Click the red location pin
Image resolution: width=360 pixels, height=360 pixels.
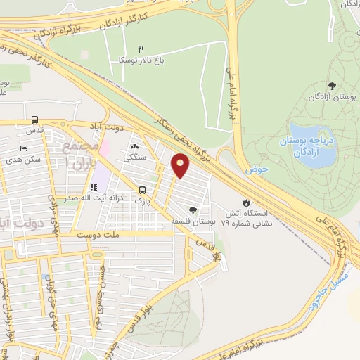[x=181, y=166]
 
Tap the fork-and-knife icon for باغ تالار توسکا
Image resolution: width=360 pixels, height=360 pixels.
[x=141, y=49]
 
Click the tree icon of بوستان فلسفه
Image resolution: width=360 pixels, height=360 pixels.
[x=193, y=210]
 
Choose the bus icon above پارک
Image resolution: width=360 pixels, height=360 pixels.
[x=143, y=190]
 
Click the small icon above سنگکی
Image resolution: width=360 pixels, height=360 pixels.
[x=133, y=147]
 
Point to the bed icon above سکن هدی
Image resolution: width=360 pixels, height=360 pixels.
[x=24, y=149]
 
